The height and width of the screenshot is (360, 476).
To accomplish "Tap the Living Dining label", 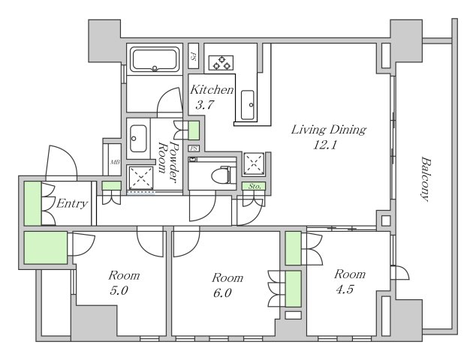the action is [x=329, y=130].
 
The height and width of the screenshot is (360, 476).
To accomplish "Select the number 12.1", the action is [x=325, y=145].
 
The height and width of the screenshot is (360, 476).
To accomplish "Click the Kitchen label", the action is [x=212, y=90].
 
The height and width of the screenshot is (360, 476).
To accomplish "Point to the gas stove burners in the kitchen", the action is [x=221, y=63].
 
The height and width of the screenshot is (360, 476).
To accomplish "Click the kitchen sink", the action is [x=248, y=105].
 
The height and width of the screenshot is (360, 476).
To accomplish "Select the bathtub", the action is [x=155, y=59].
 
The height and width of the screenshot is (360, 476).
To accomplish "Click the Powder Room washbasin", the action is [x=138, y=138].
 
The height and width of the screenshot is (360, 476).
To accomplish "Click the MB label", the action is [x=115, y=163].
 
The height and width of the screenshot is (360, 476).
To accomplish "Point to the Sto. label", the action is [x=255, y=187].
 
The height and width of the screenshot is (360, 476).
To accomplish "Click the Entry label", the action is [x=72, y=203].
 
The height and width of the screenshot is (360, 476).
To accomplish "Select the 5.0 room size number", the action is [x=119, y=291].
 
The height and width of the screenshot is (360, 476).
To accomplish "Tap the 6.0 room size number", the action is [x=222, y=293].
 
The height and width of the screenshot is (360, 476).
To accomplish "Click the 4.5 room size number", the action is [x=345, y=289].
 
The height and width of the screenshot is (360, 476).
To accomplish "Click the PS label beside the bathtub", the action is [x=193, y=56].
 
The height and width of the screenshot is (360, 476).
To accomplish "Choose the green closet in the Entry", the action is [x=33, y=203].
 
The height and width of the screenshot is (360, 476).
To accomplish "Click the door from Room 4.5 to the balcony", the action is [x=400, y=272].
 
